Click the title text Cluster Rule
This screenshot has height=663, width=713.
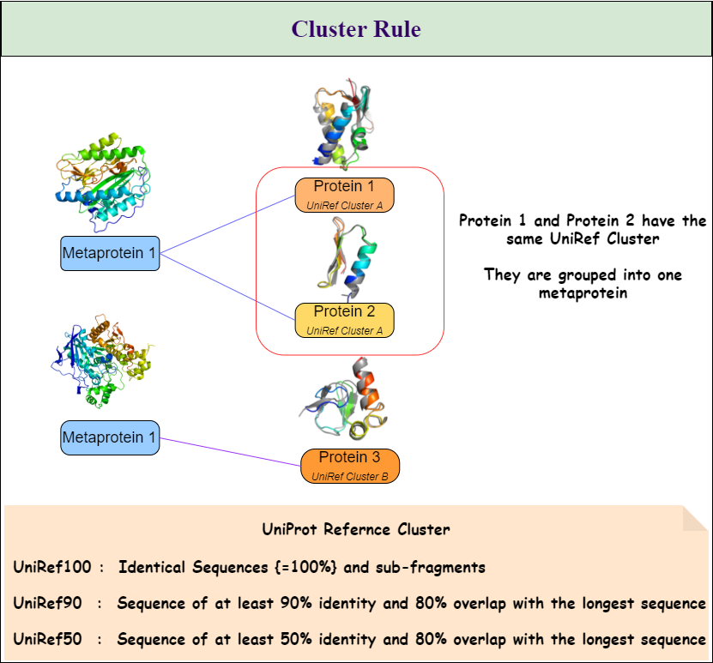(356, 29)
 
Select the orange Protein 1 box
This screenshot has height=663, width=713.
(344, 195)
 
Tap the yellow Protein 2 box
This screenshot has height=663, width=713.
(344, 320)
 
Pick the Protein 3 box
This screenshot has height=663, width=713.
(350, 466)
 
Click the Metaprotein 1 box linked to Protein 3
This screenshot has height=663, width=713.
(110, 437)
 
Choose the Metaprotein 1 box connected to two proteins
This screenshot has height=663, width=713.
(110, 253)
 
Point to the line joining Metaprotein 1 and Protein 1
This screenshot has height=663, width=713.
(227, 225)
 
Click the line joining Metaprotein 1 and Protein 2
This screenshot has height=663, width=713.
(227, 280)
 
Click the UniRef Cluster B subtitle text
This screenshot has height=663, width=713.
(350, 476)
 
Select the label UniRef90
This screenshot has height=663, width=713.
(47, 603)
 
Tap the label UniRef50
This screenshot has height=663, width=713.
(47, 639)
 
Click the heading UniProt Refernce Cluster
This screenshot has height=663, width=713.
(355, 529)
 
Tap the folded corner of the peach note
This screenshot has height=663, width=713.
(697, 517)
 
